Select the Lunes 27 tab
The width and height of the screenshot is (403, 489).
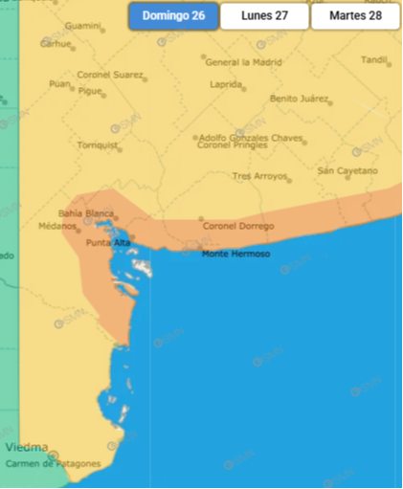264,16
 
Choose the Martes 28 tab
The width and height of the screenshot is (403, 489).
354,16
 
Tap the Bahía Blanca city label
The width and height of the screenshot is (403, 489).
86,212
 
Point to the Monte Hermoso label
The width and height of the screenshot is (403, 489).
235,254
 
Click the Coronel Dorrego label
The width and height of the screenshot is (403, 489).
238,226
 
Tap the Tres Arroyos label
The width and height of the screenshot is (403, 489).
259,176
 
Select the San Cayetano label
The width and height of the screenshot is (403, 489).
347,170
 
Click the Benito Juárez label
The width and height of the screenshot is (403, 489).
300,99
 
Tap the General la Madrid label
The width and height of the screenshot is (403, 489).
241,62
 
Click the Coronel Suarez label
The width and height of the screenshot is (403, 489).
109,75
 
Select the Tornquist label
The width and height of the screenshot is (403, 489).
99,146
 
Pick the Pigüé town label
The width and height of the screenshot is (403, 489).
90,91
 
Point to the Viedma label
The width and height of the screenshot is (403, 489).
26,447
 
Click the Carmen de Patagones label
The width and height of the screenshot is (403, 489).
53,463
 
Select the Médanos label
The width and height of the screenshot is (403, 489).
57,227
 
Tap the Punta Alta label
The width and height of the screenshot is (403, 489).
108,243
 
